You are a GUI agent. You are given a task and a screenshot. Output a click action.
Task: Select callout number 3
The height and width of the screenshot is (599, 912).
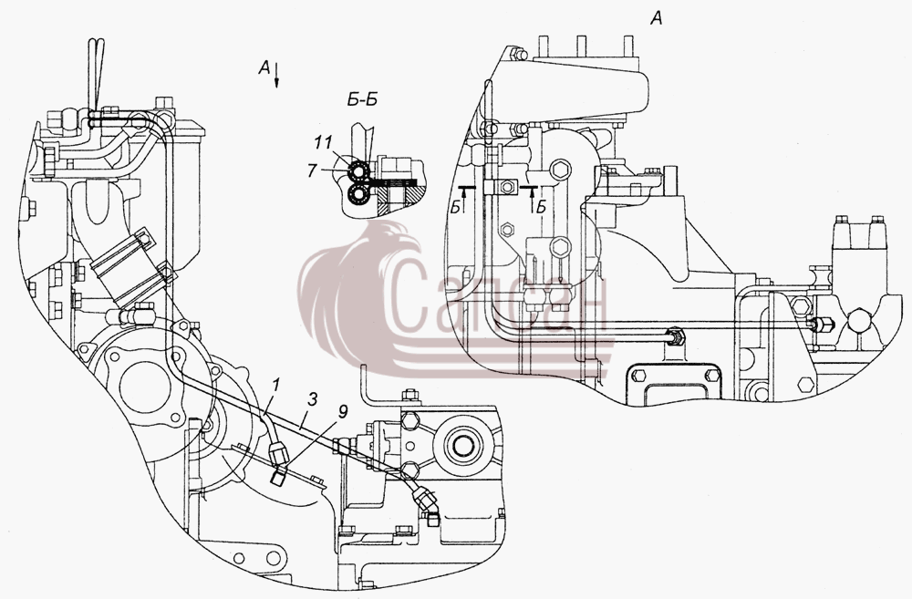click(x=313, y=399)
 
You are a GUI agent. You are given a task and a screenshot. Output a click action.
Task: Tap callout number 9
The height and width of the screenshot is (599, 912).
click(x=343, y=412)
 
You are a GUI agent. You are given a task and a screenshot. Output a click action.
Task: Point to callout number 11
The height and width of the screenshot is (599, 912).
click(x=324, y=142)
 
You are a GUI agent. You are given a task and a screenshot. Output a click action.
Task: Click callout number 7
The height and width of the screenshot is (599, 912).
click(x=312, y=170)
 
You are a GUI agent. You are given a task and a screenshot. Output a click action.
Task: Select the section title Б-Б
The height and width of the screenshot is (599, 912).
click(x=362, y=100)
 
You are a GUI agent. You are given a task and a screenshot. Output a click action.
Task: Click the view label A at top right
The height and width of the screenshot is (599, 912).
click(x=656, y=19)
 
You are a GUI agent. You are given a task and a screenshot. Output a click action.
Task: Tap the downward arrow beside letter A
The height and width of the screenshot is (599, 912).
click(x=277, y=75)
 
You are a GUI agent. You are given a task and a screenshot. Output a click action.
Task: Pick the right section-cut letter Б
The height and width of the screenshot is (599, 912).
click(x=542, y=206)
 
